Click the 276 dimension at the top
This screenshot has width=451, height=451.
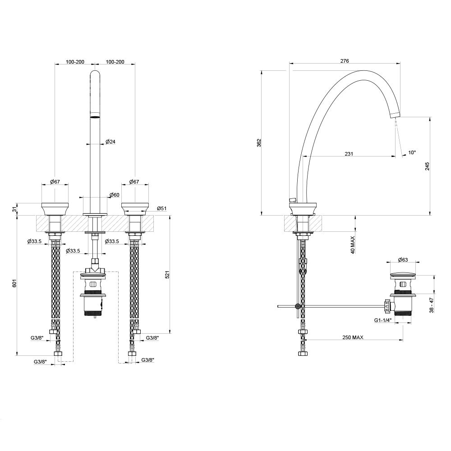345,60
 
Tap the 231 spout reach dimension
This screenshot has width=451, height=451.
349,154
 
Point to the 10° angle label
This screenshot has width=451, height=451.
412,153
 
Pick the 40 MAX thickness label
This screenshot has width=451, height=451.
353,244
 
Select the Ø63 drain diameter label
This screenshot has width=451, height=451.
403,260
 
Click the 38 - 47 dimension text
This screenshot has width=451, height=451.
432,305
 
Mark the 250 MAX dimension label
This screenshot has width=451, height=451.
353,337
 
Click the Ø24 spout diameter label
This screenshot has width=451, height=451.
110,142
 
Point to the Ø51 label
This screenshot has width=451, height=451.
162,208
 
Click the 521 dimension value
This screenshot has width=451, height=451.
167,275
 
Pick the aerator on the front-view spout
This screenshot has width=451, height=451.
95,117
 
